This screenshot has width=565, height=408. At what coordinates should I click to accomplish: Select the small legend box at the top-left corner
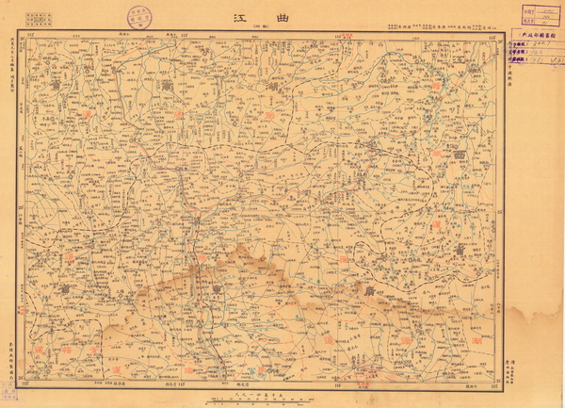38,17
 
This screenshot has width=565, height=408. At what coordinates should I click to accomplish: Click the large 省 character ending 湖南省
274,86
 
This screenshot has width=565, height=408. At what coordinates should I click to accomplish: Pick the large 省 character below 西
460,248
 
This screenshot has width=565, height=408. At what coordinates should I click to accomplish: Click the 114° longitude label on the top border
185,34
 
